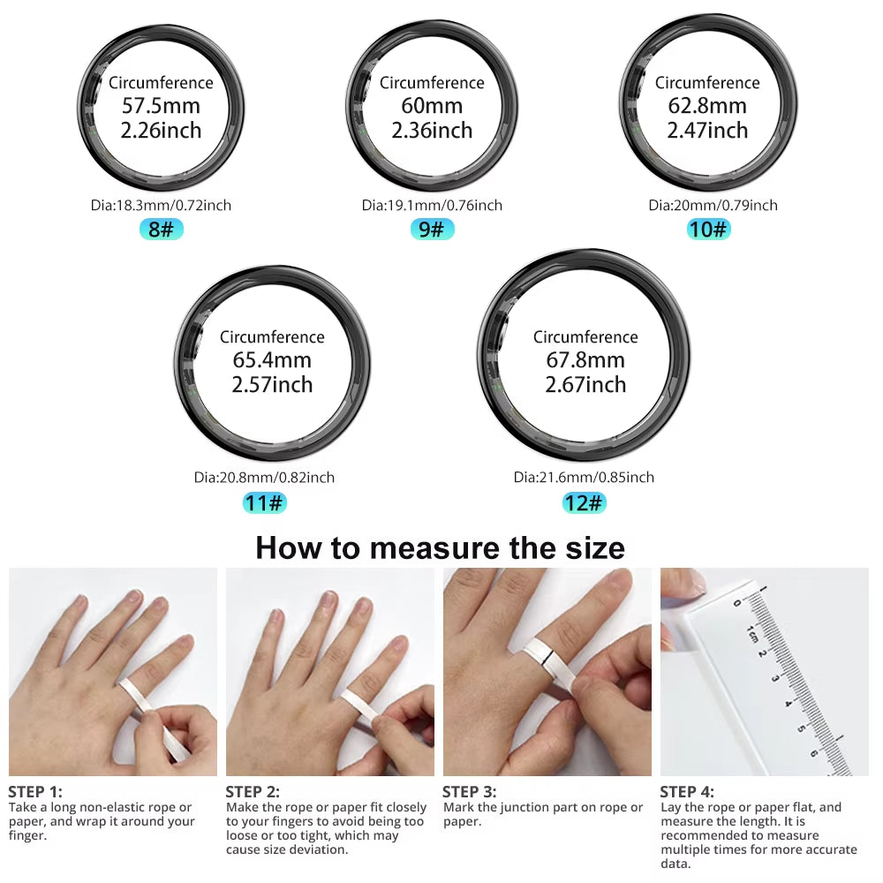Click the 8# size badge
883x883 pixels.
pos(161,230)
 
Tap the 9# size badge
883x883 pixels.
pos(432,230)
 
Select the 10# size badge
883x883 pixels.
pos(708,230)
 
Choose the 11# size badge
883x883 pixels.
pos(265,503)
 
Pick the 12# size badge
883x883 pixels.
pos(585,503)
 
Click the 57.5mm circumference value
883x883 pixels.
pos(161,106)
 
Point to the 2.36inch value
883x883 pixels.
pos(432,131)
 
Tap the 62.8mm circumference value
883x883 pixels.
pos(707,106)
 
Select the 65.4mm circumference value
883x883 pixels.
pos(272,360)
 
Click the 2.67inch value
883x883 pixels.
pos(585,385)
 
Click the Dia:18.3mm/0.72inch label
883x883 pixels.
pos(161,205)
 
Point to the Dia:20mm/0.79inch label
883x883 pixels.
pos(713,205)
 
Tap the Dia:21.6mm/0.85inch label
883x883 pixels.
pos(584,477)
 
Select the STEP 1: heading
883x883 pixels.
pos(35,791)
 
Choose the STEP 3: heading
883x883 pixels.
pos(469,791)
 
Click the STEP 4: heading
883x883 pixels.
pos(687,791)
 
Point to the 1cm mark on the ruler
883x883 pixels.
pos(751,633)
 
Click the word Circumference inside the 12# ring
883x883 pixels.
pos(585,337)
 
